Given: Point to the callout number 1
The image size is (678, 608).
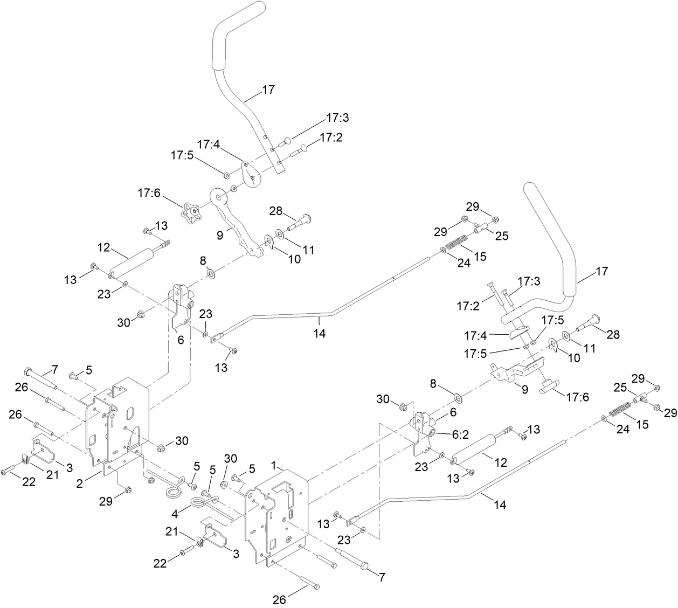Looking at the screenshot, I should [x=274, y=464].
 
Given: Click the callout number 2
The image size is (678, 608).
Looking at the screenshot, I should [x=80, y=483].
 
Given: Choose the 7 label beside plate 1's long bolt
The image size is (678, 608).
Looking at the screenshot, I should [x=382, y=578].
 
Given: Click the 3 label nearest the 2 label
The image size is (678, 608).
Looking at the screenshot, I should [x=70, y=467].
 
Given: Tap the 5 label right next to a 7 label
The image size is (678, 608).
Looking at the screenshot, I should [x=89, y=370].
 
